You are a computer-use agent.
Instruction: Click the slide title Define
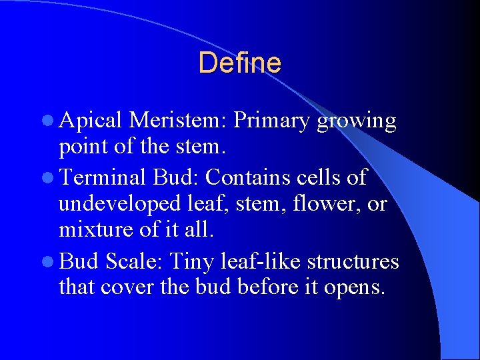tap(239, 63)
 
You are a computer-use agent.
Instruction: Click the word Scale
tap(135, 261)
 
